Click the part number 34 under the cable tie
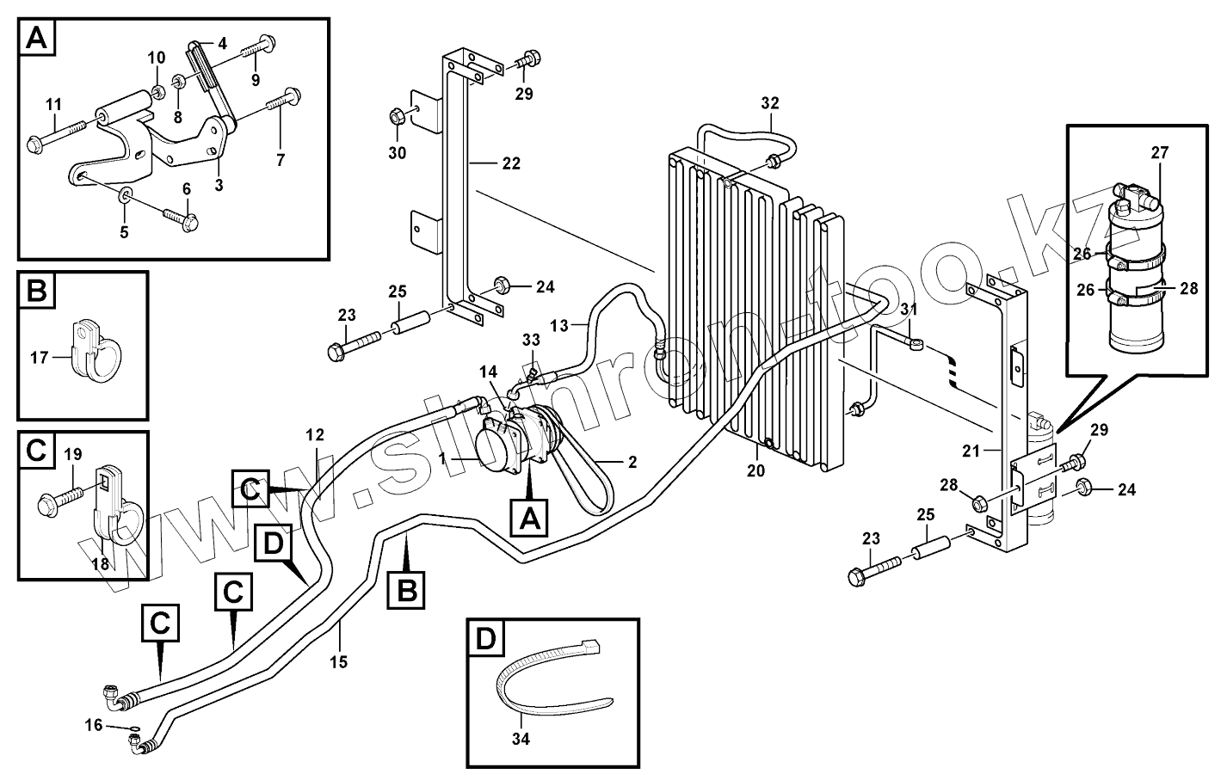pyautogui.click(x=521, y=739)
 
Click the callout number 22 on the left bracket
pyautogui.click(x=511, y=163)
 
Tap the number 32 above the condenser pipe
pyautogui.click(x=769, y=103)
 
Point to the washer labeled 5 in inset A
pyautogui.click(x=125, y=194)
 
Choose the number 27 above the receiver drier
pyautogui.click(x=1159, y=153)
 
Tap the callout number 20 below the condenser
pyautogui.click(x=755, y=470)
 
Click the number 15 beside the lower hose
pyautogui.click(x=338, y=662)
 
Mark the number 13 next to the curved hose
pyautogui.click(x=558, y=326)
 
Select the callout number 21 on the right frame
pyautogui.click(x=971, y=451)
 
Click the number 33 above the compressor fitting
pyautogui.click(x=531, y=340)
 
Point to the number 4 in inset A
pyautogui.click(x=222, y=44)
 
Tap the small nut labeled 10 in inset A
pyautogui.click(x=158, y=94)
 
